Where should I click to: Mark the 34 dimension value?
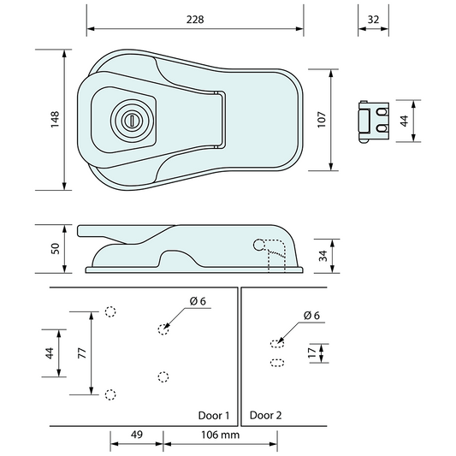(322, 255)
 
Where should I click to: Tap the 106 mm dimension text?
(221, 434)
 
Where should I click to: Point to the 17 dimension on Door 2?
(312, 352)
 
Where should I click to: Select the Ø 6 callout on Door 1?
(198, 300)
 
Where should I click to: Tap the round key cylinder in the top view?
(131, 119)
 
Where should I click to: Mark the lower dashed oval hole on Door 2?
(276, 363)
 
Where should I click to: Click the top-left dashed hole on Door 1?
(110, 311)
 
